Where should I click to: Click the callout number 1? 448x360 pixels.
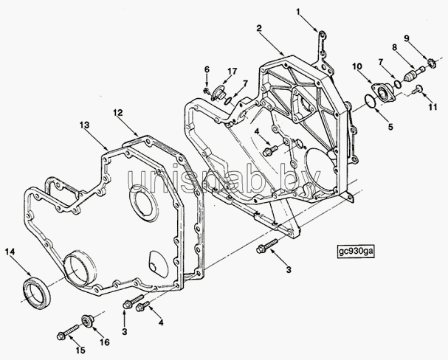click(x=298, y=12)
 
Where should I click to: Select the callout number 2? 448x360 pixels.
click(x=259, y=28)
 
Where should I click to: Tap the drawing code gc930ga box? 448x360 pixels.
click(x=356, y=251)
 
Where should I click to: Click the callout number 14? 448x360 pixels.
click(x=10, y=252)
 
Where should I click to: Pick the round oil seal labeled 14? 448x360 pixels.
click(x=37, y=292)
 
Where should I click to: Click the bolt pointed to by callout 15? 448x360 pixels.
click(x=69, y=332)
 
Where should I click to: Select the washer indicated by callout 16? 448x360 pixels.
click(x=87, y=321)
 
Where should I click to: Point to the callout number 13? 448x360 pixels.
click(x=85, y=125)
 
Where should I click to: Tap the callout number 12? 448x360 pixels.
click(x=117, y=113)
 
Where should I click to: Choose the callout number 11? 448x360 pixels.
click(x=433, y=107)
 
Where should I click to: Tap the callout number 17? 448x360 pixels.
click(x=232, y=71)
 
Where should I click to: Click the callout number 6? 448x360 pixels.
click(x=207, y=69)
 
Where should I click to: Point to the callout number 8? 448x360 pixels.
click(x=394, y=47)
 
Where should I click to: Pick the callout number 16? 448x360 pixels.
click(x=106, y=342)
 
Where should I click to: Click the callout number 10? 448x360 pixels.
click(x=357, y=66)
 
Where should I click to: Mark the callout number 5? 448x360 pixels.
click(x=390, y=126)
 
